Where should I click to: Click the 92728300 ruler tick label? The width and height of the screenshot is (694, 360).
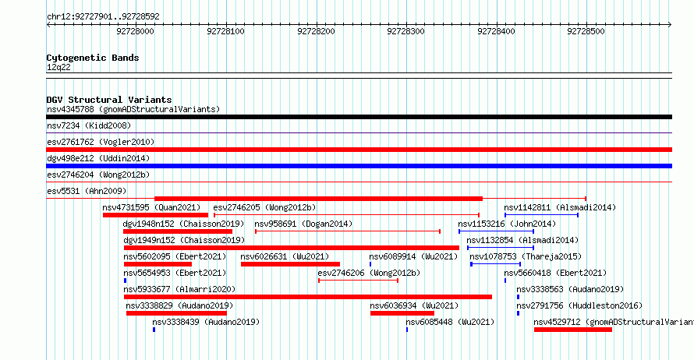[x=405, y=31]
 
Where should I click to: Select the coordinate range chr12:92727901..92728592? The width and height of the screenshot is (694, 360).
[x=103, y=17]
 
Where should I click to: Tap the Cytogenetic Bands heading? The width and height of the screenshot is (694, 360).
[x=93, y=58]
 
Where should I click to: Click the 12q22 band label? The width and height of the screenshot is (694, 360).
[x=58, y=67]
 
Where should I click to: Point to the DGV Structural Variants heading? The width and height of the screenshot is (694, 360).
[x=109, y=100]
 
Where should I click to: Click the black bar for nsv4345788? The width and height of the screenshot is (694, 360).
[x=359, y=117]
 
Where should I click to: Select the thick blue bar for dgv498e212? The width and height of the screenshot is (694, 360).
[x=359, y=166]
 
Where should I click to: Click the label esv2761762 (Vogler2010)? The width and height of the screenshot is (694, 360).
[x=101, y=142]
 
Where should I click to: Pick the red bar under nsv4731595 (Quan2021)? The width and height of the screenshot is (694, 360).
[x=155, y=215]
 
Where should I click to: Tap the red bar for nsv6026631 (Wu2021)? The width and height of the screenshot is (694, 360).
[x=290, y=264]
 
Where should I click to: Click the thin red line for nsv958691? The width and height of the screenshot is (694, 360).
[x=348, y=231]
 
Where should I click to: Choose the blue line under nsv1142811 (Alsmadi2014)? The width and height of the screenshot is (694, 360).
[x=541, y=215]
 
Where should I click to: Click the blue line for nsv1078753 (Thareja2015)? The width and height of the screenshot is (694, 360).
[x=496, y=264]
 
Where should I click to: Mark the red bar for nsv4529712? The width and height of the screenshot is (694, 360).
[x=573, y=330]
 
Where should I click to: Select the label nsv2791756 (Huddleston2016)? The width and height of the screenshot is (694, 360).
[x=579, y=305]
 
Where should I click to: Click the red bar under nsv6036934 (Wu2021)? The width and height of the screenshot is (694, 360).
[x=402, y=313]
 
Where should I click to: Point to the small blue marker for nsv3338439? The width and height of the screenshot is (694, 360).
[x=154, y=330]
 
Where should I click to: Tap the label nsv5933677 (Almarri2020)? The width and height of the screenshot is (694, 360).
[x=179, y=289]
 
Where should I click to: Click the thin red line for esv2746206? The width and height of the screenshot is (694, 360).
[x=358, y=281]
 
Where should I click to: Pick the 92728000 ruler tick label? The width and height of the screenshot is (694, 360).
[x=136, y=31]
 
